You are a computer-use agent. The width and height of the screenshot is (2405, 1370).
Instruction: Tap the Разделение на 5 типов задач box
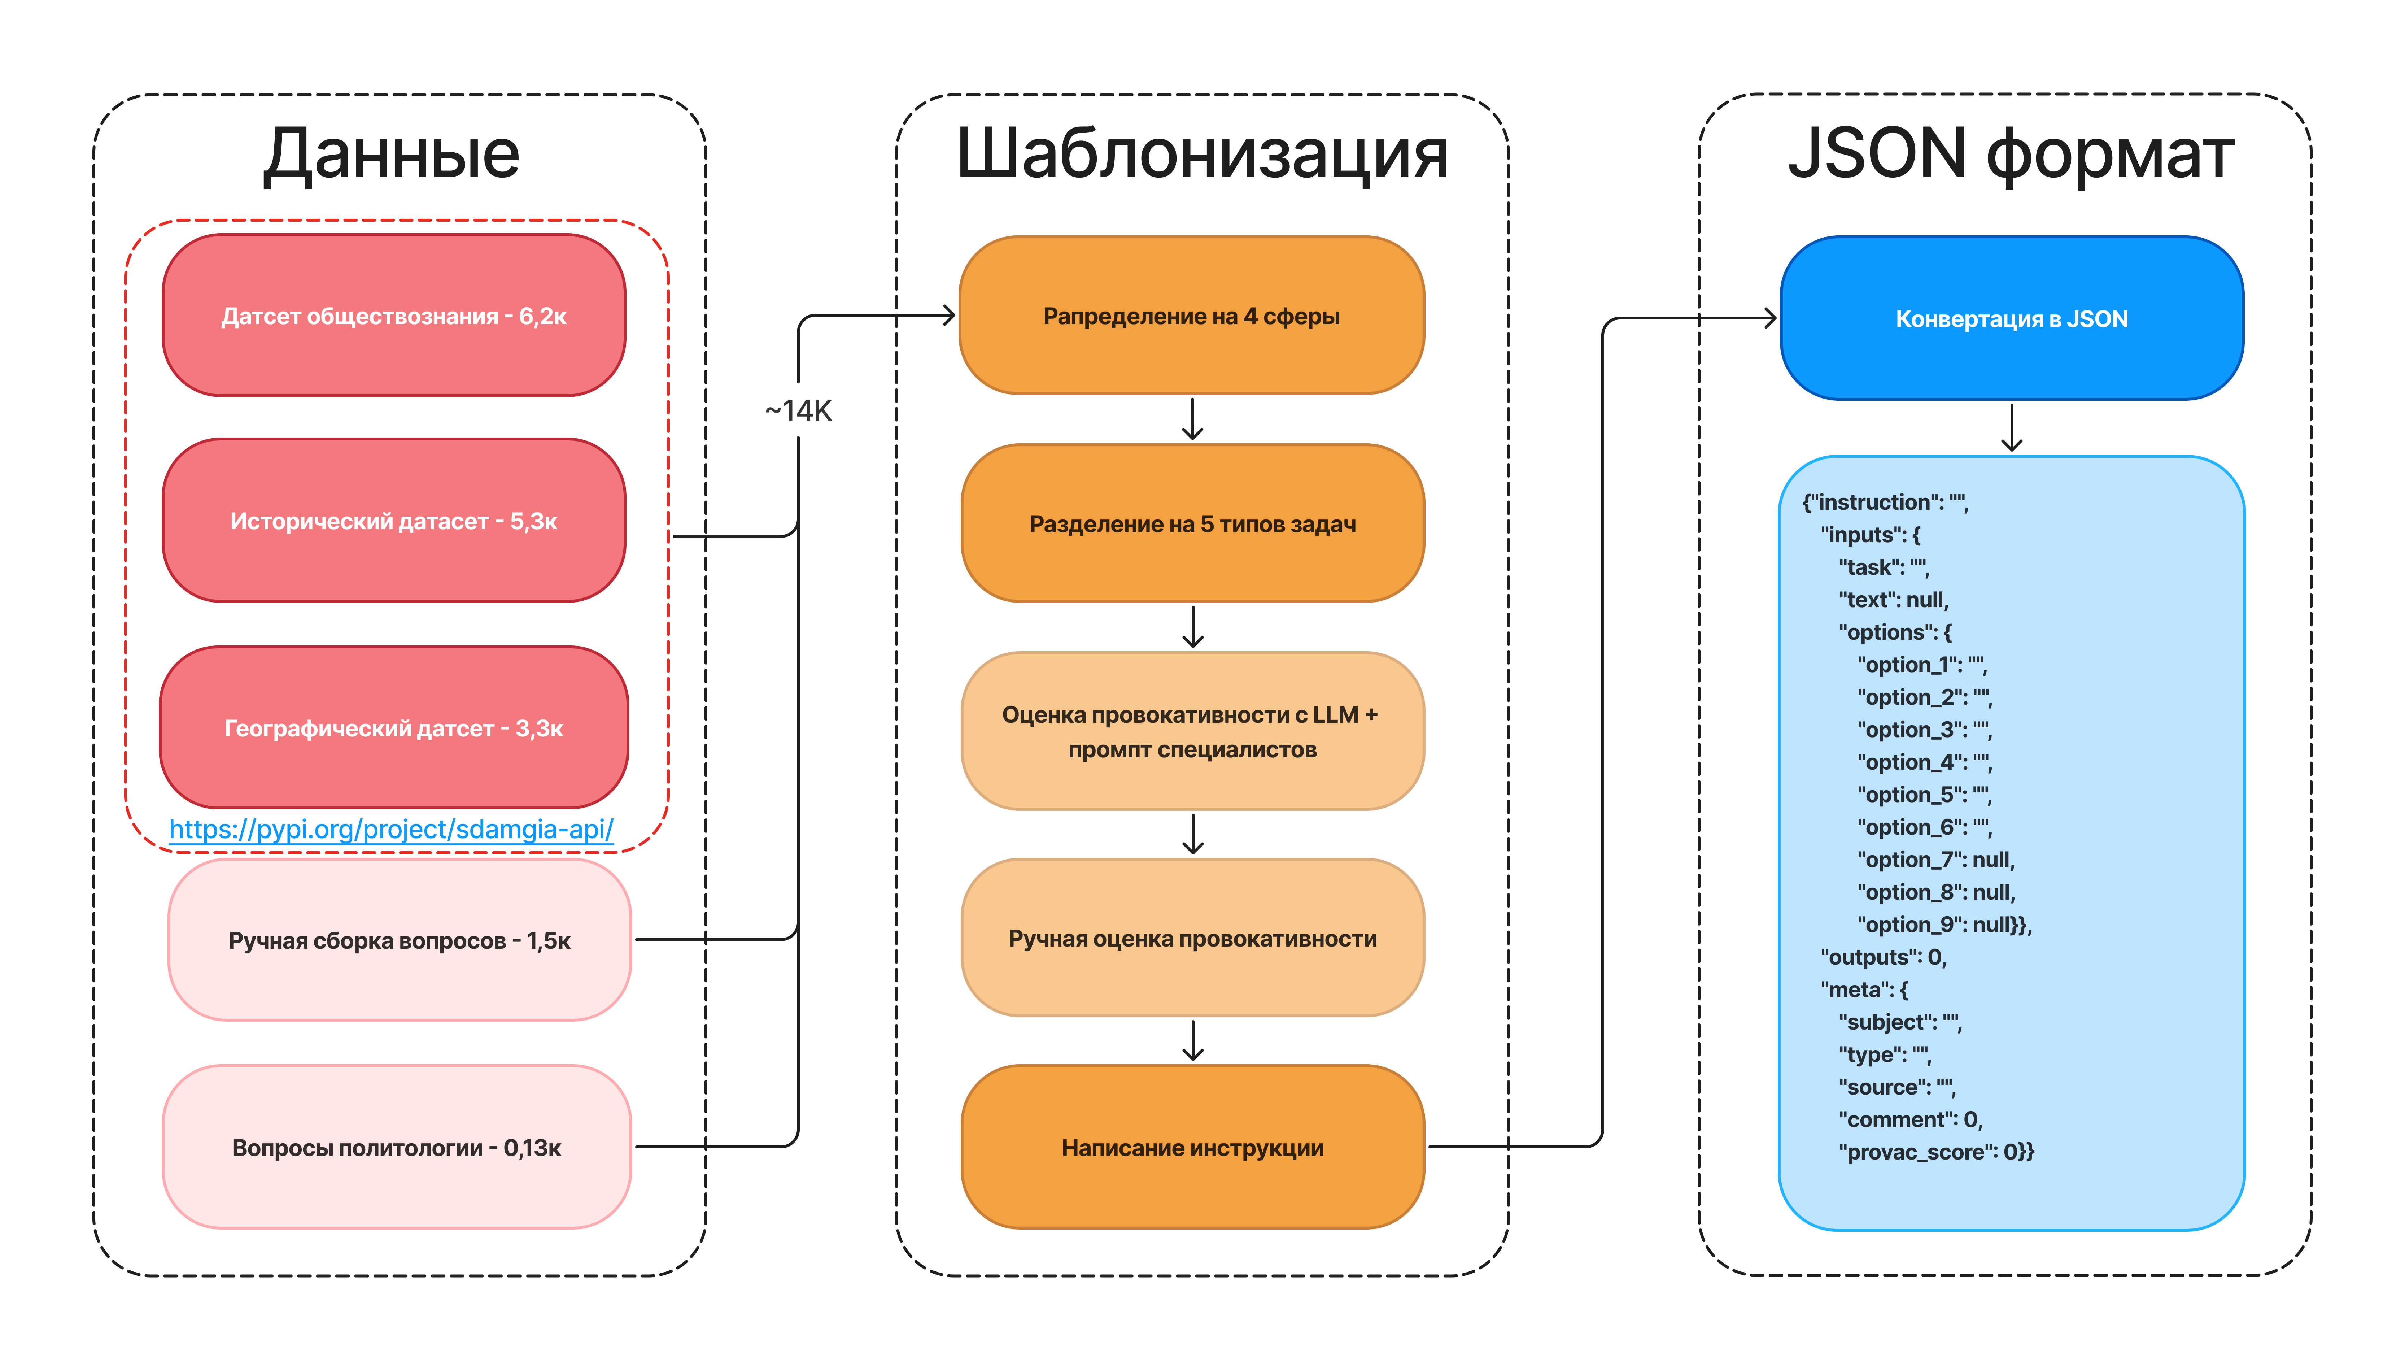click(1192, 524)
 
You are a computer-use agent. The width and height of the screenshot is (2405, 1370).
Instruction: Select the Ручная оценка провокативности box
click(1192, 938)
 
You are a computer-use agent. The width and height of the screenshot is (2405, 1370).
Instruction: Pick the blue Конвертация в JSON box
click(2011, 319)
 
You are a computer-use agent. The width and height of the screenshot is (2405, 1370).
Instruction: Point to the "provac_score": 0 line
click(1936, 1152)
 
